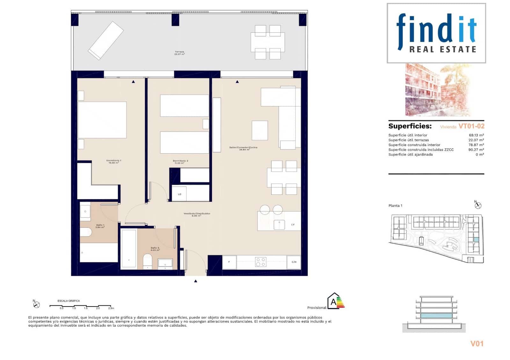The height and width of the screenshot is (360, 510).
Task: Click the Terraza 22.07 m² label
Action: click(179, 53)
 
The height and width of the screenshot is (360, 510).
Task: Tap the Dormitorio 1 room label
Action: click(113, 162)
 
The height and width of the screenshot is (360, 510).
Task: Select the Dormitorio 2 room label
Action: click(180, 162)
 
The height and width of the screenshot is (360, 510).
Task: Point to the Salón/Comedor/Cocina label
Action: click(243, 148)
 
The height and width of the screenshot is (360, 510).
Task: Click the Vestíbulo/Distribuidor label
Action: click(197, 214)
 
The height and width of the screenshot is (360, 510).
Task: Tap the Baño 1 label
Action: click(100, 226)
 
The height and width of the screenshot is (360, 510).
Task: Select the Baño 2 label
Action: click(155, 249)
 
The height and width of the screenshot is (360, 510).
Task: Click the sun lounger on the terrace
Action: click(106, 40)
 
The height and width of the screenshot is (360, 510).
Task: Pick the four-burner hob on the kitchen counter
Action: click(260, 262)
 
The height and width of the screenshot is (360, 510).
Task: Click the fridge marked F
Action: click(229, 262)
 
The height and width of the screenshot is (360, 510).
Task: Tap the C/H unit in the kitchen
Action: click(294, 262)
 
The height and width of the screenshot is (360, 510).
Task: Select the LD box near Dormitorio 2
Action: click(179, 194)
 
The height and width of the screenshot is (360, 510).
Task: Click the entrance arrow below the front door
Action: click(196, 281)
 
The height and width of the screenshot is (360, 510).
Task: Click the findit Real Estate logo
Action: click(436, 33)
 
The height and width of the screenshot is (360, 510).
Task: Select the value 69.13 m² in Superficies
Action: click(476, 135)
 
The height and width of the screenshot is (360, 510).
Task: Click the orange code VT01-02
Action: click(471, 126)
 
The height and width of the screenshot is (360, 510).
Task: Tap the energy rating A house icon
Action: click(334, 301)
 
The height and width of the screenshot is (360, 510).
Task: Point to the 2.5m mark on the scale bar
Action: click(111, 308)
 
